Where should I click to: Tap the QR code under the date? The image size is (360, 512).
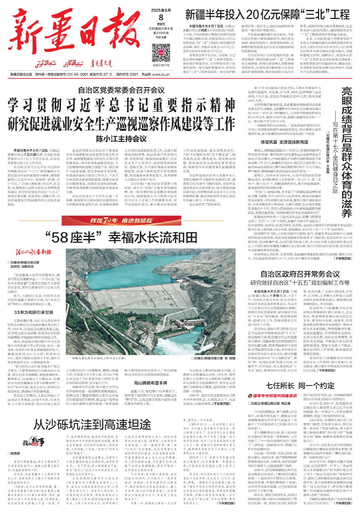[161, 53]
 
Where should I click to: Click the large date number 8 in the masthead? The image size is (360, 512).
[161, 17]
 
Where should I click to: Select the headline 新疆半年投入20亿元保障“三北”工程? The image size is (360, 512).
[267, 15]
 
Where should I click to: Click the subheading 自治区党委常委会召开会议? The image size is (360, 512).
[121, 90]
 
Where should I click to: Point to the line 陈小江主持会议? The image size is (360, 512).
[121, 139]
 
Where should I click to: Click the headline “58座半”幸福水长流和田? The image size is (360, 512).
[121, 237]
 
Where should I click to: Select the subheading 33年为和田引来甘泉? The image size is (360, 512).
[34, 312]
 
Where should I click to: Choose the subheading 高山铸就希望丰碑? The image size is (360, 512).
[150, 383]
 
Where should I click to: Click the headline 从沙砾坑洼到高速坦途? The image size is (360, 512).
[92, 425]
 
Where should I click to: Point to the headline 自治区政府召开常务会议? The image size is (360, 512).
[300, 274]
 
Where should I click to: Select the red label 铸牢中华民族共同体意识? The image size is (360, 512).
[275, 396]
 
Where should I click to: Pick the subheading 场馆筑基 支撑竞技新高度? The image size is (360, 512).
[284, 142]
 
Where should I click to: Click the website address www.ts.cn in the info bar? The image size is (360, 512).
[161, 74]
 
